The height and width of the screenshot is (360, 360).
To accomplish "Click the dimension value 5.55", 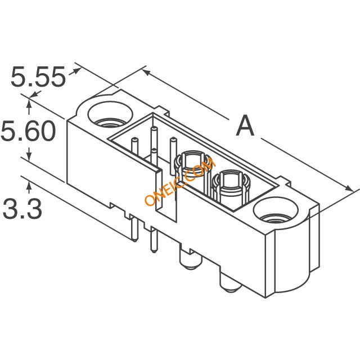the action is point(38,76).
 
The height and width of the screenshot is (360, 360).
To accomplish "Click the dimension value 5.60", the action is point(29,131).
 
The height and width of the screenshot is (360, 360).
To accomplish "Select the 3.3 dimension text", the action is point(22,209).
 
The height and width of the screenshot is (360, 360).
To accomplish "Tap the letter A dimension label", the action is point(245,125).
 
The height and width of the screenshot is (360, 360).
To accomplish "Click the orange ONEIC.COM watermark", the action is point(181,181).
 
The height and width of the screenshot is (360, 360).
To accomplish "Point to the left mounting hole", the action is point(110,115).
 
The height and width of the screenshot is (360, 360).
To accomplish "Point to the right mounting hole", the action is point(275,211).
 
